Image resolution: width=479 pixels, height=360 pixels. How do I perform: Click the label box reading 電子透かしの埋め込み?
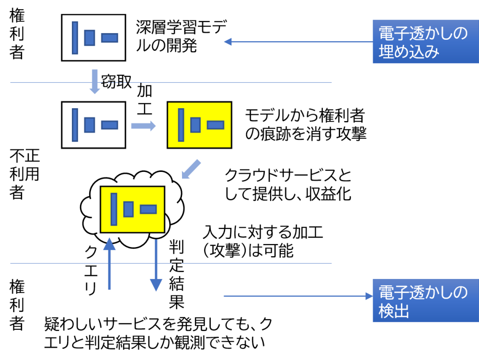tap(425, 42)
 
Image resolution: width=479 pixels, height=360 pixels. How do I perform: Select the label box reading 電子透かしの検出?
tap(425, 300)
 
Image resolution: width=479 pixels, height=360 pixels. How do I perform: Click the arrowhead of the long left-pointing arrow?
tap(228, 42)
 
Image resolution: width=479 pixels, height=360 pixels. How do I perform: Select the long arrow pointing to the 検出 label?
tap(297, 296)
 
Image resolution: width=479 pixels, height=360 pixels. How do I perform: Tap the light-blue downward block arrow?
tap(95, 81)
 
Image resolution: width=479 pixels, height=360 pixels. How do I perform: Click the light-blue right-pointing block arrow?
tap(143, 126)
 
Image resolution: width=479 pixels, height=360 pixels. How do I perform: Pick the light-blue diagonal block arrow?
tap(191, 169)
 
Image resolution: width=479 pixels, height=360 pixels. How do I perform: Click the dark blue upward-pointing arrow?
tap(109, 263)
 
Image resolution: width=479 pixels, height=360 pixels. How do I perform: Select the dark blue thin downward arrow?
tap(156, 266)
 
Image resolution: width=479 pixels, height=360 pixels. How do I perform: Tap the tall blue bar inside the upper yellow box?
tap(181, 125)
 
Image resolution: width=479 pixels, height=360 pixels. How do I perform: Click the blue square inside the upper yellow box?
tap(195, 125)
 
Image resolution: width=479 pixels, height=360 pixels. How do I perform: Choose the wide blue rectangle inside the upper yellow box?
tap(216, 125)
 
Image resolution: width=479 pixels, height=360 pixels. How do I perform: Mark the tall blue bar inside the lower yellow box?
tap(114, 209)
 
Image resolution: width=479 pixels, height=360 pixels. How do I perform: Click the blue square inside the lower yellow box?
tap(128, 209)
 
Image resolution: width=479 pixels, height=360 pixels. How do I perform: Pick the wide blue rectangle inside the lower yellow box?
tap(148, 209)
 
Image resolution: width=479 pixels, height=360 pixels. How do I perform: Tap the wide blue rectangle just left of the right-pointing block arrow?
tap(109, 125)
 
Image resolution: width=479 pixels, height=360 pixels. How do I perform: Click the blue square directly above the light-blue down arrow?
tap(90, 38)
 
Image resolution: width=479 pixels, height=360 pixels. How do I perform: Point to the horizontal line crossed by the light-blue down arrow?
tap(216, 82)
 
